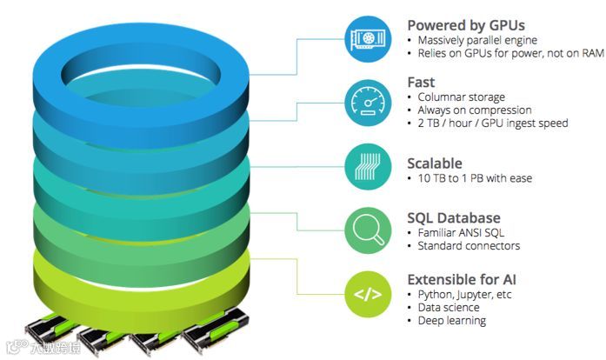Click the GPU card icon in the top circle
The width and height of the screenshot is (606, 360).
pyautogui.click(x=367, y=39)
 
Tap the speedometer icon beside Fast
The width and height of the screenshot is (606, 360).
pyautogui.click(x=367, y=102)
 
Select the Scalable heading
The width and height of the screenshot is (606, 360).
pyautogui.click(x=435, y=163)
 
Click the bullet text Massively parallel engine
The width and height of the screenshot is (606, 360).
pyautogui.click(x=476, y=40)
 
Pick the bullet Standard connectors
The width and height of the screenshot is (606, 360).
pyautogui.click(x=469, y=246)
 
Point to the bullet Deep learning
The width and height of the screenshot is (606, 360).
pyautogui.click(x=451, y=321)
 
